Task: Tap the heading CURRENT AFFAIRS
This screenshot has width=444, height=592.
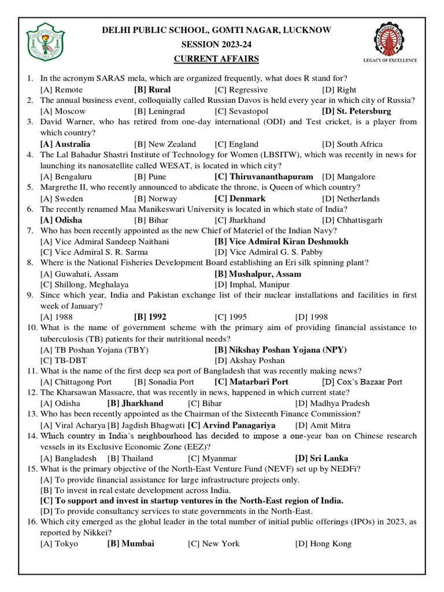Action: tap(217, 59)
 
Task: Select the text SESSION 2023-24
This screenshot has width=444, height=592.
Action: tap(217, 45)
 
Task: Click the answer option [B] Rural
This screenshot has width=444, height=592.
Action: tap(152, 90)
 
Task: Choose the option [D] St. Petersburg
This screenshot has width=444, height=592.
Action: tap(356, 111)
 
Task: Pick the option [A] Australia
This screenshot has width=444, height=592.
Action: tap(65, 144)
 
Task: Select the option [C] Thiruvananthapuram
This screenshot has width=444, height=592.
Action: tap(264, 176)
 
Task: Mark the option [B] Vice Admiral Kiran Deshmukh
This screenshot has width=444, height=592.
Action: tap(282, 242)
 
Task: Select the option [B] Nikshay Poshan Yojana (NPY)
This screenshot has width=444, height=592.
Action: tap(280, 350)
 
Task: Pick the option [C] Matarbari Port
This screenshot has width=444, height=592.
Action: tap(251, 382)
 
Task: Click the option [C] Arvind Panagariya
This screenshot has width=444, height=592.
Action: tap(232, 425)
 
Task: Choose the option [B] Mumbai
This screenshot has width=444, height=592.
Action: tap(131, 544)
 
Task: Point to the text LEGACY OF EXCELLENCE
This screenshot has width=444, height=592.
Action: tap(390, 60)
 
